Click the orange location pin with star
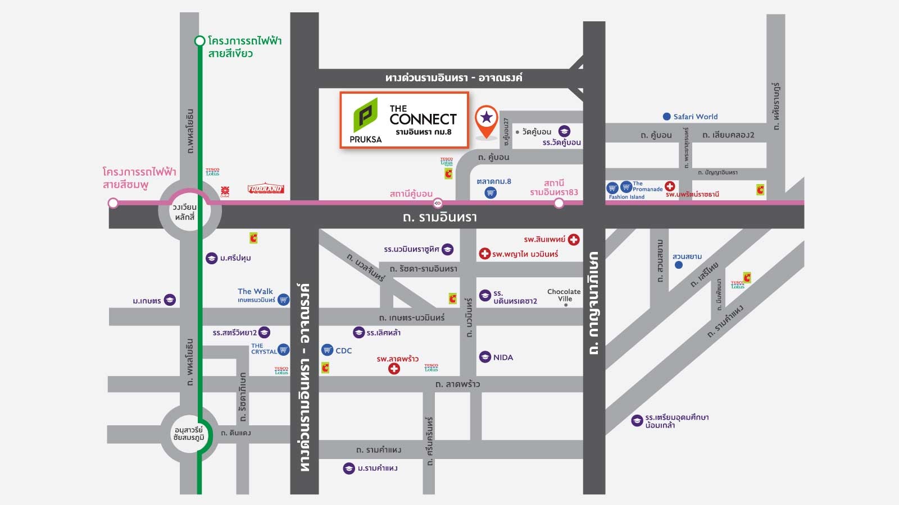pos(487,119)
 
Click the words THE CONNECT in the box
pos(423,114)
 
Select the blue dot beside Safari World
pos(666,117)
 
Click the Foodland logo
pos(265,190)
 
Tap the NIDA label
pos(503,357)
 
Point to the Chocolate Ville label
pos(564,295)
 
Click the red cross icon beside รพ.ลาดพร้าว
pos(394,369)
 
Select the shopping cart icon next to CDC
pos(327,350)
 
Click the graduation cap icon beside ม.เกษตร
pos(169,300)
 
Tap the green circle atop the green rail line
pos(199,41)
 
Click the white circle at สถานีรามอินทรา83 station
pos(559,203)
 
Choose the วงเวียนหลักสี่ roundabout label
pos(184,212)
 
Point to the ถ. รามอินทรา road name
pos(440,217)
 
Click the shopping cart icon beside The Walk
pos(283,300)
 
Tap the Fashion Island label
pos(626,197)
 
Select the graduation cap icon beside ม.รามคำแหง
pos(349,468)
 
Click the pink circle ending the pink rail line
pos(113,203)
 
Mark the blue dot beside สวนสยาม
pos(679,264)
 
